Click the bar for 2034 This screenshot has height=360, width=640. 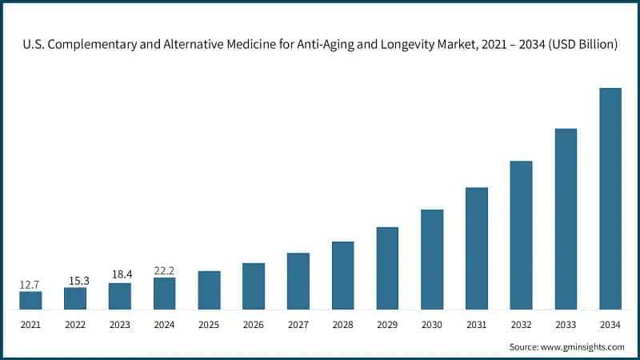click(610, 198)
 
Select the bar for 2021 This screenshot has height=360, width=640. click(30, 300)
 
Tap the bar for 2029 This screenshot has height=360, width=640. click(387, 268)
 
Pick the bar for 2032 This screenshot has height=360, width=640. click(521, 235)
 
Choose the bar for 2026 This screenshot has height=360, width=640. click(254, 286)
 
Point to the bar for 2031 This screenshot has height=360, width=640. click(477, 248)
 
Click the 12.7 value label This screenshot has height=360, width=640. click(30, 284)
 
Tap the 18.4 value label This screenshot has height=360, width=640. click(120, 274)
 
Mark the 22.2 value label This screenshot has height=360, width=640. click(164, 270)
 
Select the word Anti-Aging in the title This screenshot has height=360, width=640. click(298, 46)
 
